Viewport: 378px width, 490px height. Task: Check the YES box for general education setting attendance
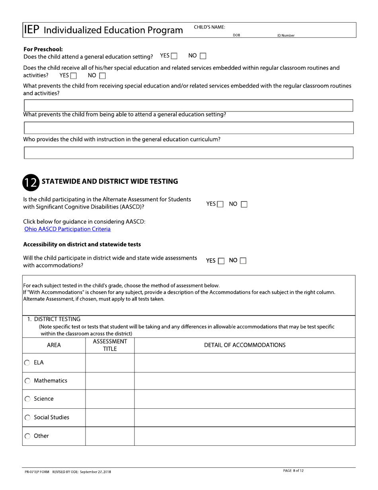(x=174, y=56)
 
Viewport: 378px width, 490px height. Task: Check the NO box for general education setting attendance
(x=203, y=56)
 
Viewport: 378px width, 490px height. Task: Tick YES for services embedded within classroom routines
(x=73, y=75)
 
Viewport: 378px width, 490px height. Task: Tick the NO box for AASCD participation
(x=244, y=204)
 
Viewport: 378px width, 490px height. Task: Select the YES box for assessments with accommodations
(x=221, y=261)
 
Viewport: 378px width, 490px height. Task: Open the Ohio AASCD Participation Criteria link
(x=67, y=229)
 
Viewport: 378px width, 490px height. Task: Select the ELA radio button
(x=27, y=363)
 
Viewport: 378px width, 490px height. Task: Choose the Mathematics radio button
(x=27, y=381)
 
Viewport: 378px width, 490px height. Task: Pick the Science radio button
(x=27, y=399)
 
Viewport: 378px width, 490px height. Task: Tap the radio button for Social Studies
(x=27, y=417)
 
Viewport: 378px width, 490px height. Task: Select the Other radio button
(x=27, y=436)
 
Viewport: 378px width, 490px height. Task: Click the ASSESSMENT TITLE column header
(x=110, y=345)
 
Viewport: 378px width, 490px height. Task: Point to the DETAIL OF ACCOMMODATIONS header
(x=245, y=345)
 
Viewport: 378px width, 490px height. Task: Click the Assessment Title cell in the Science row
(x=110, y=399)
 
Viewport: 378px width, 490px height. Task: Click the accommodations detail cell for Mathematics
(x=245, y=381)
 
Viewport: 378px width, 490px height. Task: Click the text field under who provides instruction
(x=189, y=153)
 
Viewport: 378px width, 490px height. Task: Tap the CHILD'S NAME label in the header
(x=209, y=27)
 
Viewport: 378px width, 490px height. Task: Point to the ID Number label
(x=286, y=35)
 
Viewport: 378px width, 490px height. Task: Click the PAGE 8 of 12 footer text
(x=293, y=470)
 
